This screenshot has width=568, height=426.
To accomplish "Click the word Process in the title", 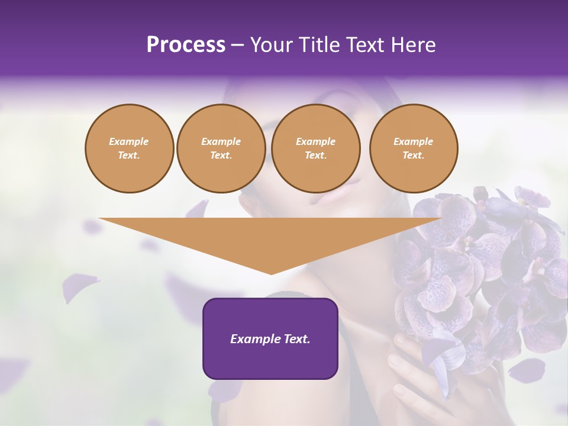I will click(x=186, y=45).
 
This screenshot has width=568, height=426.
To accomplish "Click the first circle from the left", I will click(x=130, y=149).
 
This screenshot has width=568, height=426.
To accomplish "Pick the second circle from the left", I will click(x=221, y=149).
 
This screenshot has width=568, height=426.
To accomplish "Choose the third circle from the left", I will click(x=316, y=149).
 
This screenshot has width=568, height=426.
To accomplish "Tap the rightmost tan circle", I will click(x=414, y=149).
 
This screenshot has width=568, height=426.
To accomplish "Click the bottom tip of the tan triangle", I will click(x=272, y=273).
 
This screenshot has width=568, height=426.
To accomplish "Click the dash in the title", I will click(x=238, y=45).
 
